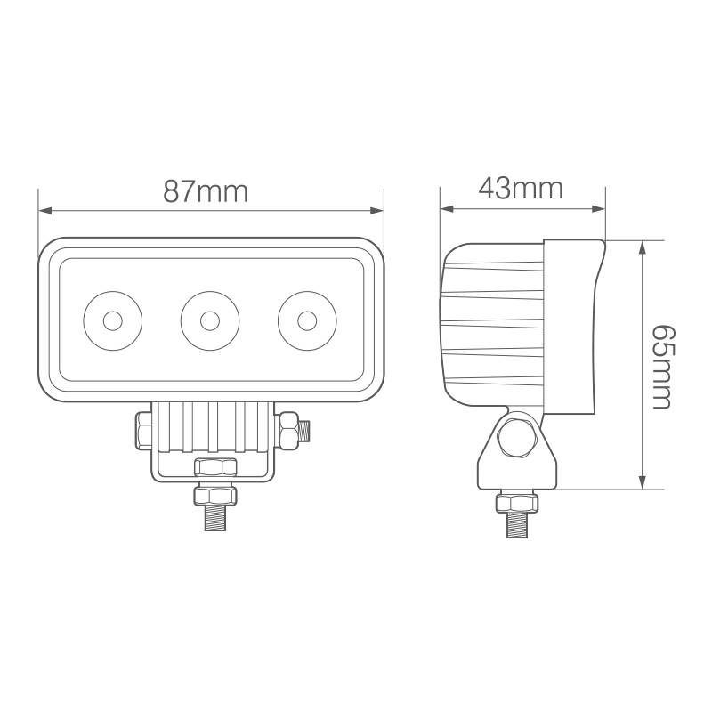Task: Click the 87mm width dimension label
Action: click(x=205, y=190)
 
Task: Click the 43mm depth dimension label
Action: click(x=521, y=189)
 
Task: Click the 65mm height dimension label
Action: click(x=661, y=365)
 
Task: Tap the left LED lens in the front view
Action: click(x=112, y=319)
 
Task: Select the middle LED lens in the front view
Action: click(x=209, y=319)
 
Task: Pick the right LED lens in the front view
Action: click(x=307, y=319)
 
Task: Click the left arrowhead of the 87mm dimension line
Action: click(x=45, y=211)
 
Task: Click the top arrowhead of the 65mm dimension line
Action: click(x=642, y=247)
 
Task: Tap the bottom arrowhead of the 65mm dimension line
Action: click(x=642, y=482)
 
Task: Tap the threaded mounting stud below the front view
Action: click(x=216, y=518)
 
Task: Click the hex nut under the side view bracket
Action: click(x=517, y=503)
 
